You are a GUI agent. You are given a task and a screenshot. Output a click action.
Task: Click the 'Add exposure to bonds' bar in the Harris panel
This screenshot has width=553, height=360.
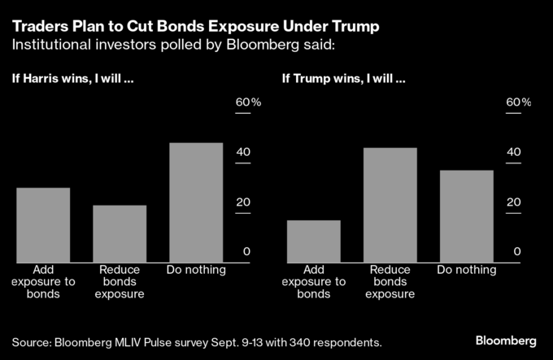(x=43, y=225)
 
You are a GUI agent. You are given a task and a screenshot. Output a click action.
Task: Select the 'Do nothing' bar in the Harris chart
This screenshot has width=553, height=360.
(x=195, y=202)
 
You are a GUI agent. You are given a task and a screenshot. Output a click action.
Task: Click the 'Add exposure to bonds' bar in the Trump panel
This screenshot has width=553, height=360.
(x=313, y=241)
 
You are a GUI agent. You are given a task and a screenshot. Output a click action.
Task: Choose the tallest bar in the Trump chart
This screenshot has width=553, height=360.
(x=390, y=205)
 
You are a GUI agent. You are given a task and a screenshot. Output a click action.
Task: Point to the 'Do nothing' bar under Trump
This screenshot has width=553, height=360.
(x=466, y=216)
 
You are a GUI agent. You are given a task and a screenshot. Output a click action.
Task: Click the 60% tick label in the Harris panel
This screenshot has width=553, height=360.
(x=248, y=103)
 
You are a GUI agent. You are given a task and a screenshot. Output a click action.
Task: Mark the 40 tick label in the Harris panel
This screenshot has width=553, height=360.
(x=243, y=153)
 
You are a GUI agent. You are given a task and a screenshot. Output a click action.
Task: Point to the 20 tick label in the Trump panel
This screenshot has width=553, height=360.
(x=513, y=202)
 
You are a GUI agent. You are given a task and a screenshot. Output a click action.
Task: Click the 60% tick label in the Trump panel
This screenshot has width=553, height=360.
(x=518, y=103)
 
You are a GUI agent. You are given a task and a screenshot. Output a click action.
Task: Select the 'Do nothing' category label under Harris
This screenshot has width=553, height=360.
(x=195, y=270)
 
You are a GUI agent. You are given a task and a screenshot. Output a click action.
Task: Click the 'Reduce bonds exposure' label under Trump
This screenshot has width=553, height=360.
(x=390, y=281)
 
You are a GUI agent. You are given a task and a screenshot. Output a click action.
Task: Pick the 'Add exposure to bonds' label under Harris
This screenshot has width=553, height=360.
(x=43, y=281)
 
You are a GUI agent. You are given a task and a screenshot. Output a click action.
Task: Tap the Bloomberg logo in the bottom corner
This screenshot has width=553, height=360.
(x=505, y=339)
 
